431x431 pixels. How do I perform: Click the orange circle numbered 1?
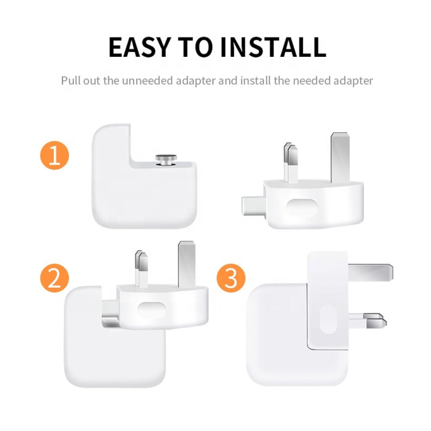tap(55, 156)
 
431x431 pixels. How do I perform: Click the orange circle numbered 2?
tap(55, 279)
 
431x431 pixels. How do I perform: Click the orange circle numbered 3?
tap(231, 279)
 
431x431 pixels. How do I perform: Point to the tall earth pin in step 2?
tap(188, 261)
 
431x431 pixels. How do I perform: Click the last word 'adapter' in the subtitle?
tap(348, 80)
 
